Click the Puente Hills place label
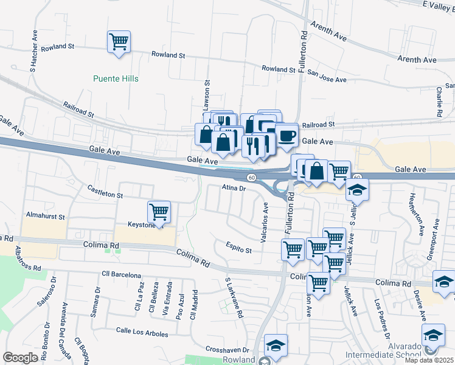coord(116,78)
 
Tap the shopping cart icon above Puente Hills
coord(118,43)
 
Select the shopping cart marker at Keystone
coord(159,212)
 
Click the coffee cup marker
coord(286,135)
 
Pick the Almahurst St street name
coord(45,216)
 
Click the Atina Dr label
coord(233,189)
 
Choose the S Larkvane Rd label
coord(234,299)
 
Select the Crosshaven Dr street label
coord(228,350)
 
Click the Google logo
coord(21,357)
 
